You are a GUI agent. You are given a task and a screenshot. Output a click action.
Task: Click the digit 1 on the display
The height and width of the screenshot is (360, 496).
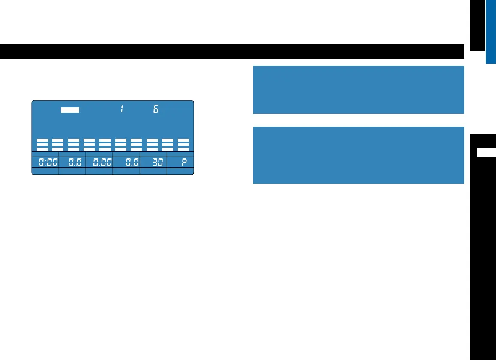click(x=122, y=109)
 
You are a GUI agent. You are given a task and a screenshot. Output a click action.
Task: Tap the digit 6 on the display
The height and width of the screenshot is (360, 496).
click(x=156, y=109)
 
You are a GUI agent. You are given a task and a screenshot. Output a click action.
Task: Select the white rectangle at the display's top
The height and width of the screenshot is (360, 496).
click(x=70, y=109)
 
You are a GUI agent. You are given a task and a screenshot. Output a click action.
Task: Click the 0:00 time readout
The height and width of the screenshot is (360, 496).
click(x=45, y=163)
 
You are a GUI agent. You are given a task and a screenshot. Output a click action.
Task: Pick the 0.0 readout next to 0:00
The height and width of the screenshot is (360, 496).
click(x=72, y=163)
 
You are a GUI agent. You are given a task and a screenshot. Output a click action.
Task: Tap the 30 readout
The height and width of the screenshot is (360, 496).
click(x=153, y=163)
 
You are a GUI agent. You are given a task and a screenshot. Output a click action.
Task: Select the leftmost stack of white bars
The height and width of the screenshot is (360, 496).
click(x=42, y=144)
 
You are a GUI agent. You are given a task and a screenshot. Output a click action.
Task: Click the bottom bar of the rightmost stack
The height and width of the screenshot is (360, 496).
click(x=183, y=148)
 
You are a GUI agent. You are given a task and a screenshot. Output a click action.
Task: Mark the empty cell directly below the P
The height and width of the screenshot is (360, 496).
click(x=180, y=171)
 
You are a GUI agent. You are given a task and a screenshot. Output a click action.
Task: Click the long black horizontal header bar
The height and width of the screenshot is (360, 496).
click(x=232, y=51)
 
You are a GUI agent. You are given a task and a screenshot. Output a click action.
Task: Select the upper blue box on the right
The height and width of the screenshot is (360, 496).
click(x=358, y=89)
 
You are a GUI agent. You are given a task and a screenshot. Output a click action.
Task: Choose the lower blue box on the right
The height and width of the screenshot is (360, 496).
click(x=358, y=155)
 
